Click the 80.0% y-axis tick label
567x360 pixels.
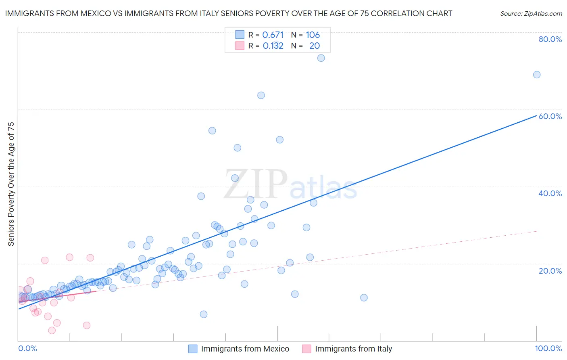click(x=550, y=39)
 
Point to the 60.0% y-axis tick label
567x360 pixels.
click(x=550, y=116)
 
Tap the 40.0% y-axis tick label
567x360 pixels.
click(x=550, y=193)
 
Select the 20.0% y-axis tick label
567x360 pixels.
click(x=550, y=271)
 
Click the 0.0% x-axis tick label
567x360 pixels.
click(x=27, y=348)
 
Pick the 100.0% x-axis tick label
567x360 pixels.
click(x=548, y=348)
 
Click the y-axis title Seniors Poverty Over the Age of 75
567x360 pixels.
click(x=11, y=184)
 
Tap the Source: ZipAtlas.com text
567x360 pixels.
click(x=531, y=13)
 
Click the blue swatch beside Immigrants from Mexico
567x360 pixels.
click(x=193, y=349)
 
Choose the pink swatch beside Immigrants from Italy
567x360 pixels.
click(x=307, y=349)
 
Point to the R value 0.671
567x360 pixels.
click(x=273, y=35)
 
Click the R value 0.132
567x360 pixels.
click(x=273, y=46)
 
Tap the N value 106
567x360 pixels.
click(x=313, y=35)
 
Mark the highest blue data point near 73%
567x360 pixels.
click(x=321, y=58)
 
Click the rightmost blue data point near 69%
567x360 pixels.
click(x=537, y=75)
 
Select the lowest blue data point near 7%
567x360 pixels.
click(x=204, y=314)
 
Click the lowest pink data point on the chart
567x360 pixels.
click(x=52, y=331)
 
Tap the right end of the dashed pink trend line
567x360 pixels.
click(x=537, y=231)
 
